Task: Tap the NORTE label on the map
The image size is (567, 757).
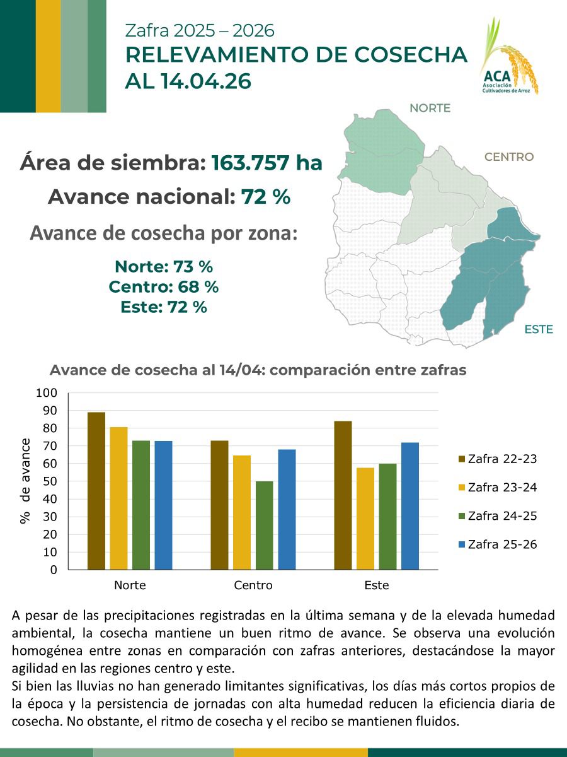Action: click(430, 108)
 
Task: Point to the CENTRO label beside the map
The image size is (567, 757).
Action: click(508, 157)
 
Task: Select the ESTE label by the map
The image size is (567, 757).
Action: click(539, 329)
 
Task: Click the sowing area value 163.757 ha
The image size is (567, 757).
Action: click(266, 163)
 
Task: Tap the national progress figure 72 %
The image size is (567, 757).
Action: click(265, 197)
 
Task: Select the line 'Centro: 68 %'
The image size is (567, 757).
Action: click(164, 286)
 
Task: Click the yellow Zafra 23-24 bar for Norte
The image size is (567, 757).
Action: click(118, 498)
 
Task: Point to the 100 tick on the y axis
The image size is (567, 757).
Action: click(48, 393)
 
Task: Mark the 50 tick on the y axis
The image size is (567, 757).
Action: click(50, 481)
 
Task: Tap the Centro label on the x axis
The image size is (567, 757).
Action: click(253, 585)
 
